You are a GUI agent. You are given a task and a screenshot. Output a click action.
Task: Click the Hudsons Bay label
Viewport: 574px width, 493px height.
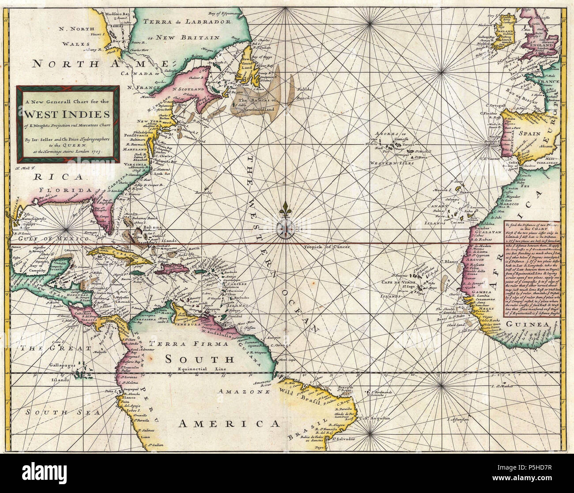click(x=102, y=14)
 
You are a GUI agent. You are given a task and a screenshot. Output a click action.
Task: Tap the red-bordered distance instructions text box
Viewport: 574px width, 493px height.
click(x=533, y=268)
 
